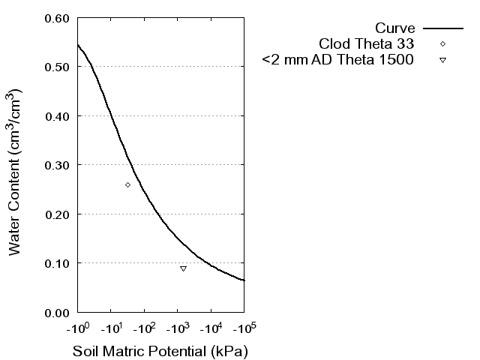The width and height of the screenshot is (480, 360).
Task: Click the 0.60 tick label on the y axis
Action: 59,18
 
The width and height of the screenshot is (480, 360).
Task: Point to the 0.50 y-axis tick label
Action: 59,67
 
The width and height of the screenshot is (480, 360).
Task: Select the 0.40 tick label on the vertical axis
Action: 59,116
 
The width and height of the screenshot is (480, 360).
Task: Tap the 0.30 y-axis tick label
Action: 59,165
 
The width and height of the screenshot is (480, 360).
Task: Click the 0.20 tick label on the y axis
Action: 59,214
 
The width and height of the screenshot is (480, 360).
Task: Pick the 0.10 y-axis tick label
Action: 59,263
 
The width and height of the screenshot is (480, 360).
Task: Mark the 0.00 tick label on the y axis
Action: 59,312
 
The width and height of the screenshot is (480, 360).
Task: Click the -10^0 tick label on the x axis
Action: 77,328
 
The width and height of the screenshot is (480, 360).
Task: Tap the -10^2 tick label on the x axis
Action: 144,328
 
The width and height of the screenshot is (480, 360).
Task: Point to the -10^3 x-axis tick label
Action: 177,328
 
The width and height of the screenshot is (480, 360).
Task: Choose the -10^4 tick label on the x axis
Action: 211,328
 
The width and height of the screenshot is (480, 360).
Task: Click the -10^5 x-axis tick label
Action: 244,328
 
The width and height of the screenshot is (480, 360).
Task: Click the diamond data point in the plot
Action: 127,184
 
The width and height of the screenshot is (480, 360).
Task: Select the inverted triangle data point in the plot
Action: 183,268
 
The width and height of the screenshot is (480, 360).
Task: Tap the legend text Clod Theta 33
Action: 366,44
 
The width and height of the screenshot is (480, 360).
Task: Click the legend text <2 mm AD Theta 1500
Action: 337,60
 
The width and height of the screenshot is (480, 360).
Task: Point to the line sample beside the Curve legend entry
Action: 442,28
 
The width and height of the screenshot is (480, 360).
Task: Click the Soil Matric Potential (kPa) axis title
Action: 160,351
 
